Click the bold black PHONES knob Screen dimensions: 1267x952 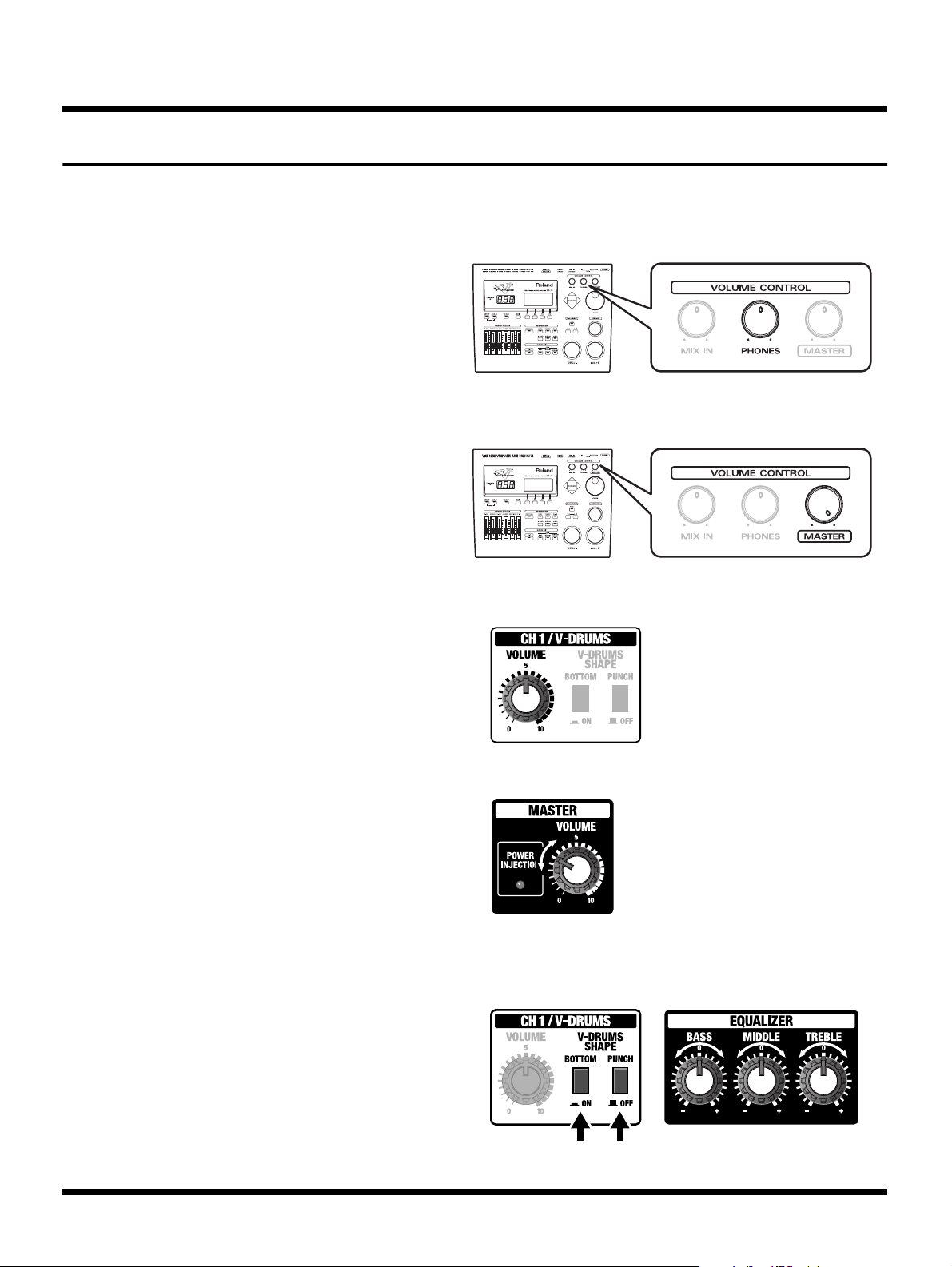760,321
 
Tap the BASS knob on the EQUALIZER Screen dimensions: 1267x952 699,1081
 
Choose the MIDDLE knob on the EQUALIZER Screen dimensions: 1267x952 761,1081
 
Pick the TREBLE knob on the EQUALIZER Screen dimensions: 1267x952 823,1081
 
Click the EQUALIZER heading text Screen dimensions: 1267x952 761,1021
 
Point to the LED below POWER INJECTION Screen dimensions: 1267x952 520,885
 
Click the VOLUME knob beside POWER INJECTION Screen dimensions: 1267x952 576,870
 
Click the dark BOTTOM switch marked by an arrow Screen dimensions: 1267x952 581,1081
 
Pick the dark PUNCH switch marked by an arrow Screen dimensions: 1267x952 620,1081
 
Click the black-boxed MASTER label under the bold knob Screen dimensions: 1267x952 824,536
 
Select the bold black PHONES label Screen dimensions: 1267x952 760,351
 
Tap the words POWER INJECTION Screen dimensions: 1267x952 520,859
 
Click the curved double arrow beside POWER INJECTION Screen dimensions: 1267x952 546,858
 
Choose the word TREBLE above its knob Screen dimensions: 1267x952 823,1037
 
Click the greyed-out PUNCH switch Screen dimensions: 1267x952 620,699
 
